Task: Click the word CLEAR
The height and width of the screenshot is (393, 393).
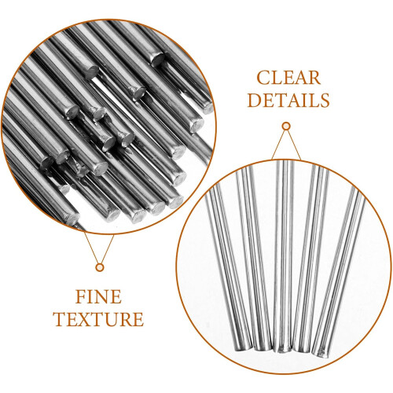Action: pyautogui.click(x=288, y=78)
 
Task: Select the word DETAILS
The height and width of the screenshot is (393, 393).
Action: pyautogui.click(x=288, y=100)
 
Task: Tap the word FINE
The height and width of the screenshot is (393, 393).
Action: pyautogui.click(x=98, y=296)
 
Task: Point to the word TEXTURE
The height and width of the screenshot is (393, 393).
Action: pyautogui.click(x=99, y=318)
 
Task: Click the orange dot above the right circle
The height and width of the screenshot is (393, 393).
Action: pyautogui.click(x=286, y=127)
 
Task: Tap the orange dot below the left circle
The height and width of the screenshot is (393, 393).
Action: pyautogui.click(x=100, y=267)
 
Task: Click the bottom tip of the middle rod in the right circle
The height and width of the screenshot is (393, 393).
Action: pyautogui.click(x=282, y=350)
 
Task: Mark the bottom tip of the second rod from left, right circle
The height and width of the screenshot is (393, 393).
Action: pyautogui.click(x=263, y=348)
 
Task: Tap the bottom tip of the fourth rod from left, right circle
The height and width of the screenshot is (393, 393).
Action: pyautogui.click(x=302, y=350)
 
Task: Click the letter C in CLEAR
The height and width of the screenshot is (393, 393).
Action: pyautogui.click(x=263, y=78)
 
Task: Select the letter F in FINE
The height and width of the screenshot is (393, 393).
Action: pyautogui.click(x=81, y=296)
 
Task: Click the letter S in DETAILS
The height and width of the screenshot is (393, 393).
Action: pyautogui.click(x=325, y=100)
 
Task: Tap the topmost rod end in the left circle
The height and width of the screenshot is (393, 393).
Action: pyautogui.click(x=158, y=59)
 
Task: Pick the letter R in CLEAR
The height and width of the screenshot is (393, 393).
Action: pyautogui.click(x=314, y=78)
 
